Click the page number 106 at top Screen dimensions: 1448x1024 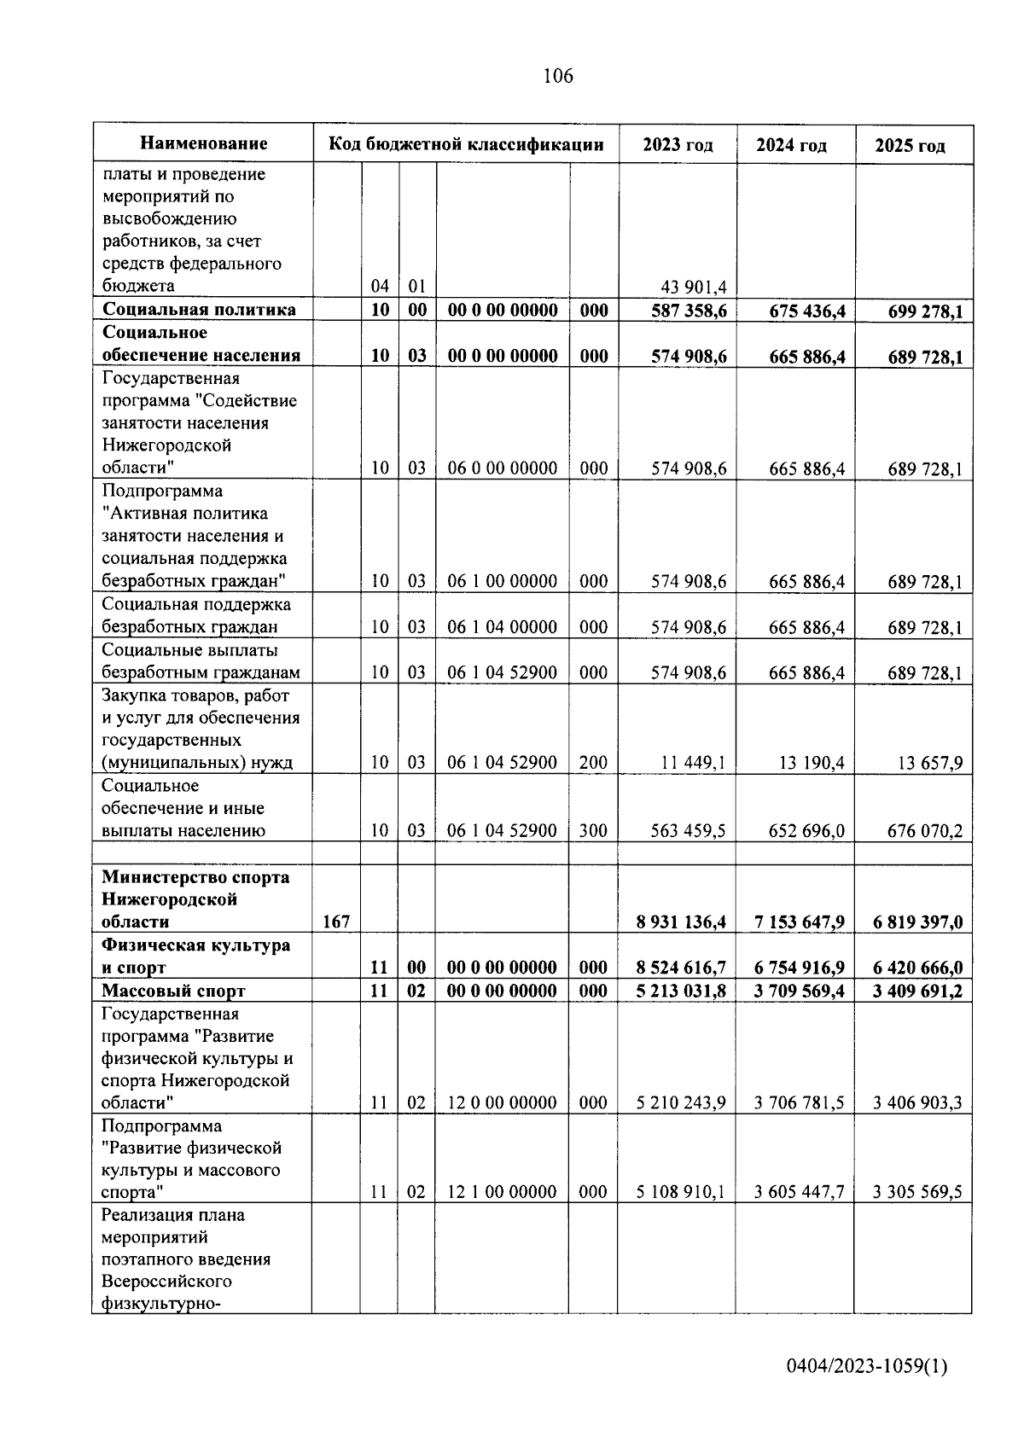(558, 77)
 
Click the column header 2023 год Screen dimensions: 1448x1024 (678, 145)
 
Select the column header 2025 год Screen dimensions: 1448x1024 (910, 146)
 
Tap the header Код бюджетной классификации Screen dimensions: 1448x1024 (466, 144)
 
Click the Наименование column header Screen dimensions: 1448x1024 (203, 143)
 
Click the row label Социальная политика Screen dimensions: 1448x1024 (199, 310)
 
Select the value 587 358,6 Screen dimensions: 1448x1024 (689, 311)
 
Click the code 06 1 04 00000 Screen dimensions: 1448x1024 (503, 627)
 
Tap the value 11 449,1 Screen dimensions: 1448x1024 (693, 763)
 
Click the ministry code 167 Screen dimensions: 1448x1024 (336, 922)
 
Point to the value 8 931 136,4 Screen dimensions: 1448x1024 (680, 922)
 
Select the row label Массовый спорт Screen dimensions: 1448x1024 (173, 991)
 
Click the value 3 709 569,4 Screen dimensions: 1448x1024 (799, 991)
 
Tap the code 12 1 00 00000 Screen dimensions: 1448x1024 (503, 1192)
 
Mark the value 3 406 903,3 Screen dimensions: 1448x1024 (916, 1103)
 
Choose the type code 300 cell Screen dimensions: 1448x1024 (593, 830)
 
